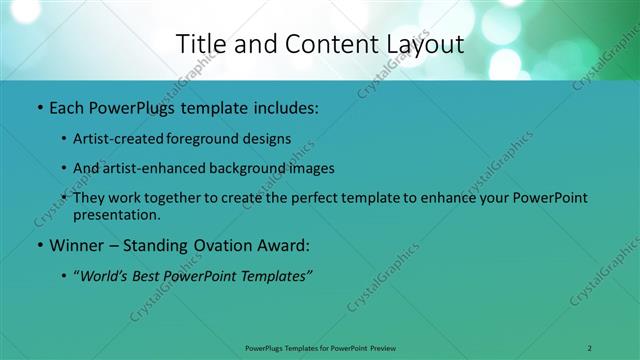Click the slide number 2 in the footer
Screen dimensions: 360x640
(x=590, y=347)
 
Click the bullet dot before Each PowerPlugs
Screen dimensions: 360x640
(x=38, y=105)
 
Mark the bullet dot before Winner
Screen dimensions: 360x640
(x=38, y=245)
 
